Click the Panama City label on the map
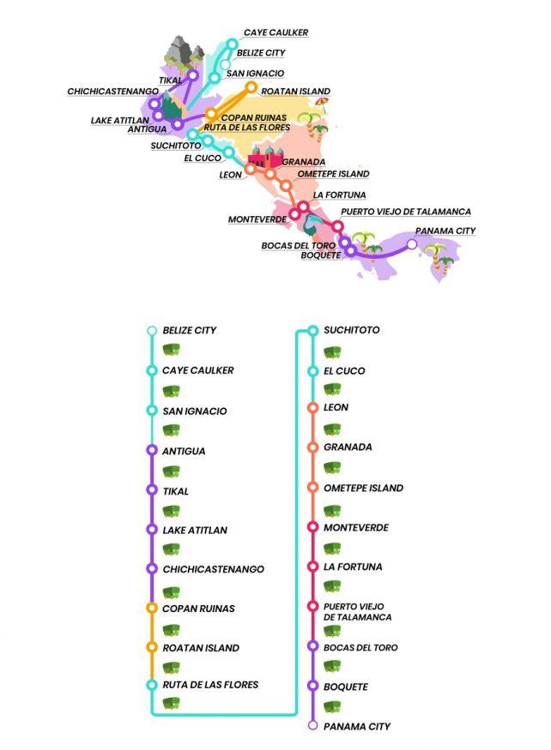tap(445, 231)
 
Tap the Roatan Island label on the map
tap(295, 91)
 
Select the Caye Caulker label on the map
tap(275, 33)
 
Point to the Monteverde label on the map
tap(257, 219)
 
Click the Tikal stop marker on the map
tap(193, 75)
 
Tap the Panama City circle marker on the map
tap(412, 244)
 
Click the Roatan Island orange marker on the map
tap(251, 87)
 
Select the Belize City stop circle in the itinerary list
tap(152, 330)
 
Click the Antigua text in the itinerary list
tap(184, 451)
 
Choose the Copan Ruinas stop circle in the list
tap(152, 609)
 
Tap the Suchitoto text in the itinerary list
tap(351, 330)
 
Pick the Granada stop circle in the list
tap(312, 447)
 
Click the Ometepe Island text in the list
tap(363, 488)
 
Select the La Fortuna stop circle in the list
tap(312, 567)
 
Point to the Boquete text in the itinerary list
tap(346, 687)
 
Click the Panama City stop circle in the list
tap(312, 726)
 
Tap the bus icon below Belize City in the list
tap(171, 350)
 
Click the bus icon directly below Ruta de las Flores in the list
tap(171, 705)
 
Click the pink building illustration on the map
tap(265, 157)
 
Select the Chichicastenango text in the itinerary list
tap(213, 569)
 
